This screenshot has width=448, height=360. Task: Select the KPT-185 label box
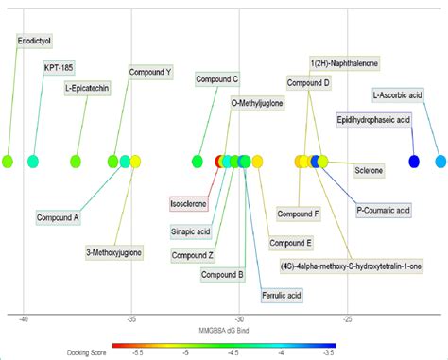pos(60,67)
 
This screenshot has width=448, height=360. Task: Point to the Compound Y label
pos(150,72)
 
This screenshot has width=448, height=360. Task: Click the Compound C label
pos(216,79)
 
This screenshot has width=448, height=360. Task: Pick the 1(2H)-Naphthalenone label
pos(345,62)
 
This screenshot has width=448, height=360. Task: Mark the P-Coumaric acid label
pos(384,210)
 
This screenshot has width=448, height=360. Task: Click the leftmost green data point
pos(9,162)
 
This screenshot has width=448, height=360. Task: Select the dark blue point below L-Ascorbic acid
pos(414,162)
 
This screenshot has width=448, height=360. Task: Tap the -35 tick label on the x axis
pos(132,317)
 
